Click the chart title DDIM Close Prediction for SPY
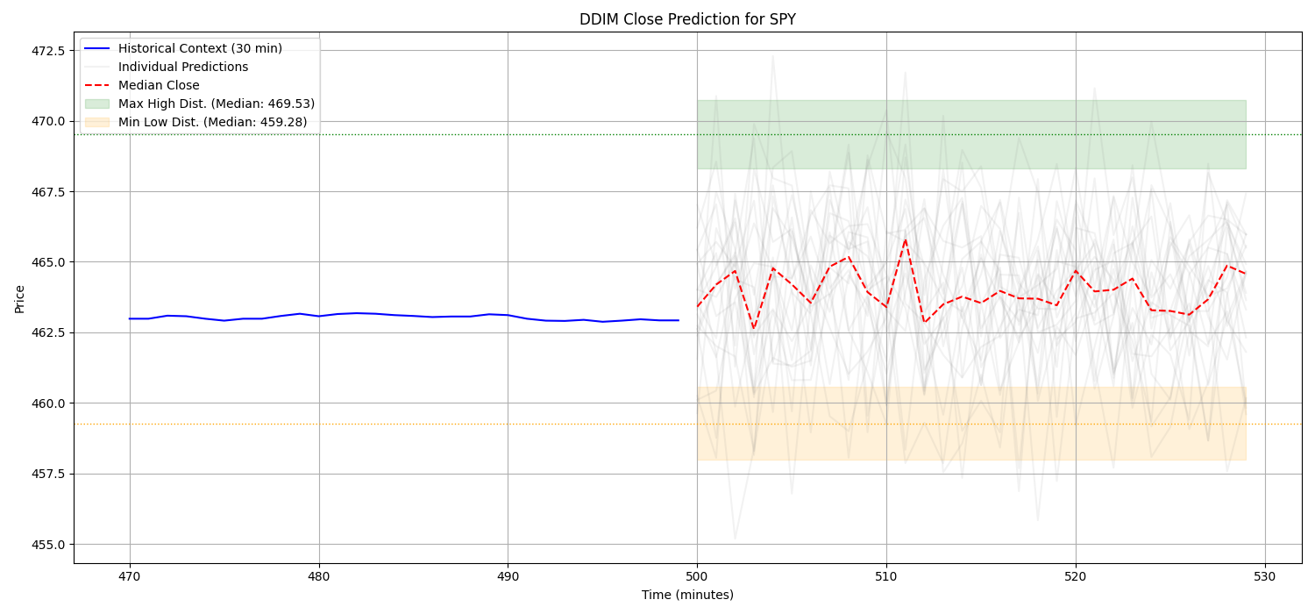[x=687, y=19]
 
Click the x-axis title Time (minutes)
[x=687, y=595]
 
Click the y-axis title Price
[x=19, y=298]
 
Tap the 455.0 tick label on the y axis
[x=47, y=544]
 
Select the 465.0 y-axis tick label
[x=47, y=262]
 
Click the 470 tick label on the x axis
[x=130, y=575]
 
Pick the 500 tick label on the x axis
[x=697, y=575]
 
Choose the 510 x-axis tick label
[x=886, y=575]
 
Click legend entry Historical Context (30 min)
[x=200, y=48]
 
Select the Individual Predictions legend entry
[x=183, y=67]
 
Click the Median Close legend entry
[x=159, y=85]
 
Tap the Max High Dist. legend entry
[x=217, y=104]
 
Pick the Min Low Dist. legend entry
[x=212, y=122]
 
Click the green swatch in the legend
[x=97, y=104]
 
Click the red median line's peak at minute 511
[x=906, y=239]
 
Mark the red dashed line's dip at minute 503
[x=754, y=329]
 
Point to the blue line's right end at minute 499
[x=678, y=320]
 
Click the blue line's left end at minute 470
[x=130, y=318]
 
